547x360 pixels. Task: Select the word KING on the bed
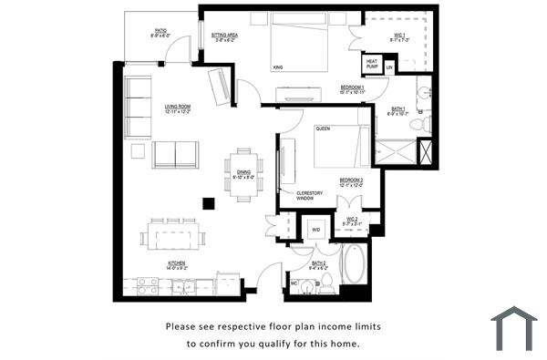click(x=277, y=67)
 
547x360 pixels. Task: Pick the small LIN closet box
click(x=389, y=67)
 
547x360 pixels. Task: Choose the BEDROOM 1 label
click(x=353, y=89)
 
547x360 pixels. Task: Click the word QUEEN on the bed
click(x=323, y=129)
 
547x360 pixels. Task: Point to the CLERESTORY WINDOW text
click(x=311, y=195)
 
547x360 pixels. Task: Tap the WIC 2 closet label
click(x=352, y=221)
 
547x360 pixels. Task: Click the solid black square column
click(x=209, y=203)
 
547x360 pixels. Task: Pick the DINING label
click(x=243, y=173)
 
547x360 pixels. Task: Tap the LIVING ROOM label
click(x=178, y=108)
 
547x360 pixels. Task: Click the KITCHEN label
click(x=177, y=266)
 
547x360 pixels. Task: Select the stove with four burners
click(x=147, y=286)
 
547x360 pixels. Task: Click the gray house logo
click(x=513, y=328)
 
